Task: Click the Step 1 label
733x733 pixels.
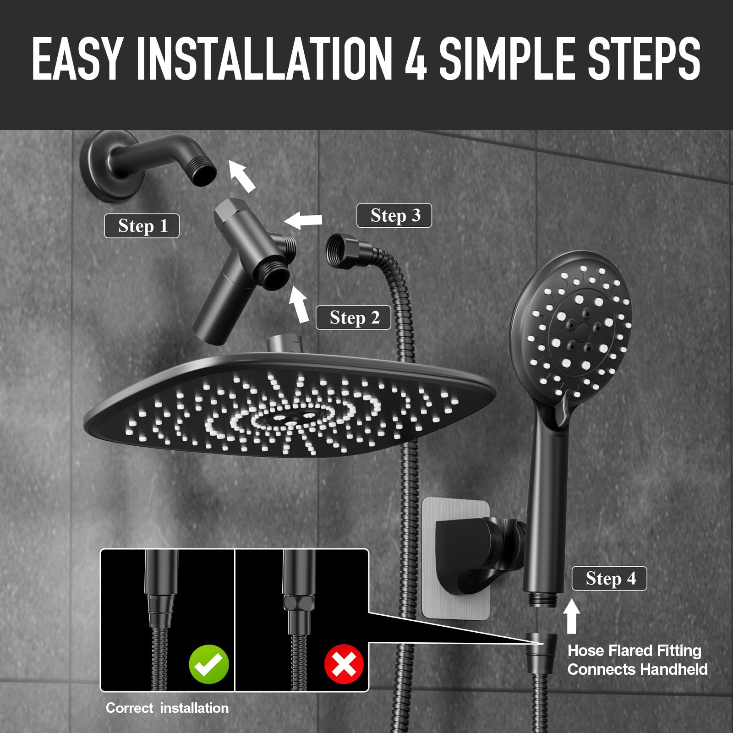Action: pos(142,225)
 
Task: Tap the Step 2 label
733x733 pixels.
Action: pos(353,317)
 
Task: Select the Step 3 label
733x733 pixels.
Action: pos(394,215)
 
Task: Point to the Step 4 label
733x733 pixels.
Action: pos(609,578)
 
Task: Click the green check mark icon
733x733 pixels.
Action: pos(209,664)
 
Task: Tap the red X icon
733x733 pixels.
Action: pos(344,664)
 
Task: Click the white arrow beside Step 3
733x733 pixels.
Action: pos(303,219)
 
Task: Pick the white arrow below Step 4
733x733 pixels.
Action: pos(571,616)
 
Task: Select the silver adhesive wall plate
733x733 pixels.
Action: pos(456,559)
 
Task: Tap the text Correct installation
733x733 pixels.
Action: pos(167,708)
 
